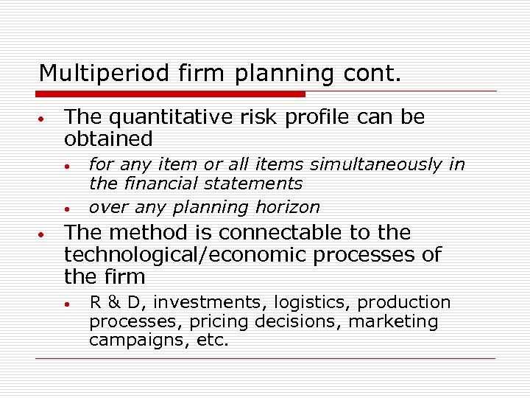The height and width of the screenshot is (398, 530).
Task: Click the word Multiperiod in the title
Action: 87,73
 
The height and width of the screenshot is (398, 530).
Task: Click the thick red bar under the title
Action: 172,94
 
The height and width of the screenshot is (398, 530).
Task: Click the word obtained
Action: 108,139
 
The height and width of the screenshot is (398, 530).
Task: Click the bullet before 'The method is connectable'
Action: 43,234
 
